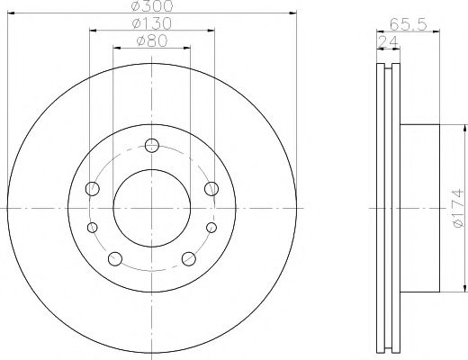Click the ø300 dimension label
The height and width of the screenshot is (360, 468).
[x=151, y=7]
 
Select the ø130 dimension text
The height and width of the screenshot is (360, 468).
[x=151, y=23]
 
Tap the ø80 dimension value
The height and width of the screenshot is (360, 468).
[x=150, y=40]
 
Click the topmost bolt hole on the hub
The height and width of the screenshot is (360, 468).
[x=151, y=144]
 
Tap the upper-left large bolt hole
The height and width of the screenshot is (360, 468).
[x=91, y=188]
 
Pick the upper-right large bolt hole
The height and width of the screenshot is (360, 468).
[x=211, y=188]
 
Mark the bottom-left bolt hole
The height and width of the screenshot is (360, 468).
[x=113, y=259]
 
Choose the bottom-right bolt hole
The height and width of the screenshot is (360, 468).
[x=188, y=259]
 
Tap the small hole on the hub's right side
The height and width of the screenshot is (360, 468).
[x=211, y=227]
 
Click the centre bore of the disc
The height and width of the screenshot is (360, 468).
[x=151, y=208]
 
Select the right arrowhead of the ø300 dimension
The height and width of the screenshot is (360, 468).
[x=293, y=13]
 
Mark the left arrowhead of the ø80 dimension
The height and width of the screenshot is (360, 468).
[x=115, y=47]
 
